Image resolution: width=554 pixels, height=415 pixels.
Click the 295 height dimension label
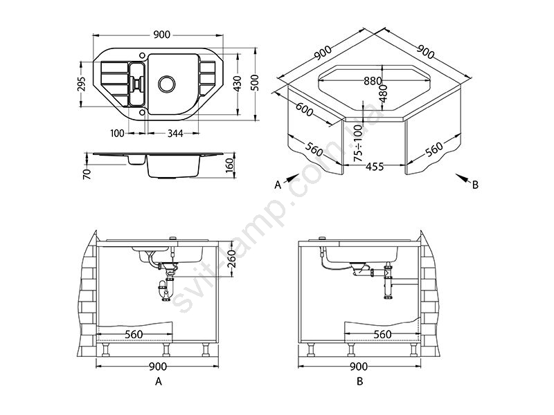82,84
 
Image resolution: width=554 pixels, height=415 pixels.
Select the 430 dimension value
237,84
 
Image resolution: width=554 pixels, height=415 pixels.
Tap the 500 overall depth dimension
255,83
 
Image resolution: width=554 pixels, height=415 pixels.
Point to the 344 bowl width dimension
175,133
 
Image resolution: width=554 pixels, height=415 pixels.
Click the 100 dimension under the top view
117,133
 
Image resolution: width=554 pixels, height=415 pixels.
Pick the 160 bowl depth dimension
230,166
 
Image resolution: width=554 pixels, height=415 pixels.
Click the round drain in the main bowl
166,84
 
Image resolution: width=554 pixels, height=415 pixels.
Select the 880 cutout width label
373,81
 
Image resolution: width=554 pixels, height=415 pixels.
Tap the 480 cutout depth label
383,93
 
